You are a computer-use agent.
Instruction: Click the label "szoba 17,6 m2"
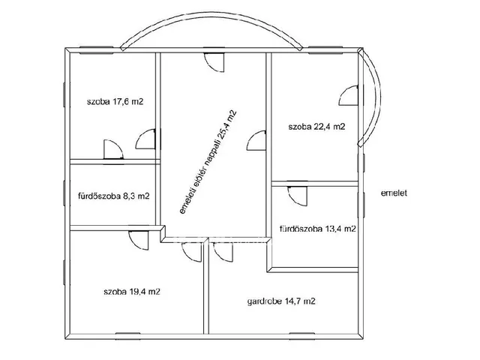115,102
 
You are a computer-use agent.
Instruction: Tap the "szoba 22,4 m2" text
316,127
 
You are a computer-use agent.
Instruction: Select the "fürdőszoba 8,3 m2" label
114,196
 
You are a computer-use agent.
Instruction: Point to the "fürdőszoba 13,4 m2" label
318,229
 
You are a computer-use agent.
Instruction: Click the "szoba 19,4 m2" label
132,292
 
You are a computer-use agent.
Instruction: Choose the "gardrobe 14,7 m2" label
281,301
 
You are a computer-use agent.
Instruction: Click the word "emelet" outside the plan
394,193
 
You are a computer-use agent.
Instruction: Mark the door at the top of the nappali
214,62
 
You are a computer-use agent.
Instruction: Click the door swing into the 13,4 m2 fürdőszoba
298,196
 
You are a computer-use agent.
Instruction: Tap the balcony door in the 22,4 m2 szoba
348,95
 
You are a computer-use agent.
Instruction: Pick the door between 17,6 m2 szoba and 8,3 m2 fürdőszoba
113,149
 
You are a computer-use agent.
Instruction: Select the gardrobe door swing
223,252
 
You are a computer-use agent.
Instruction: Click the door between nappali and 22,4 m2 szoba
256,140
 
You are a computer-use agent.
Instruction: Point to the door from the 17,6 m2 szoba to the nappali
145,139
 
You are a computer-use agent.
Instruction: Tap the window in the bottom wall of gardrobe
302,336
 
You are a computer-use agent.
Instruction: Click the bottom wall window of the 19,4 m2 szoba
128,336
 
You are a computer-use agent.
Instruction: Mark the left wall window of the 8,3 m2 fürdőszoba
65,193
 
